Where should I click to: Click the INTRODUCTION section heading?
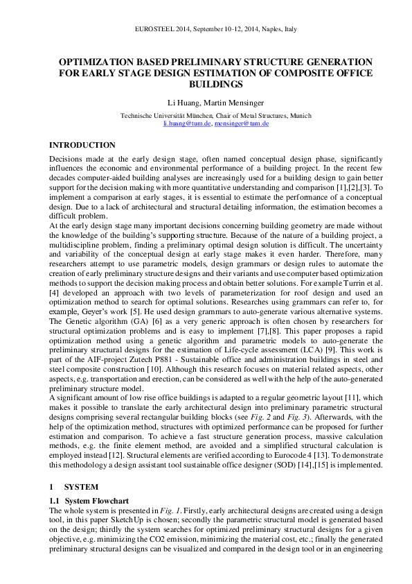click(x=82, y=145)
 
